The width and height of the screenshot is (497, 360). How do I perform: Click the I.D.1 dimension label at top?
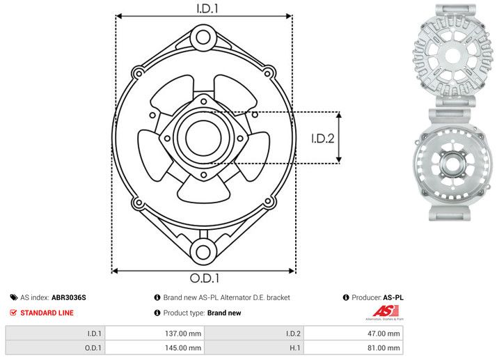point(203,8)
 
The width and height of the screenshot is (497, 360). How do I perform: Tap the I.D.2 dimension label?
point(323,138)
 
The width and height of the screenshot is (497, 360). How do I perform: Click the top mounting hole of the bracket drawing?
point(203,36)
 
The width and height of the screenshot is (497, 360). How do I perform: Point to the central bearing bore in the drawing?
point(203,138)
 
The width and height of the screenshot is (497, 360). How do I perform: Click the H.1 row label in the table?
point(292,347)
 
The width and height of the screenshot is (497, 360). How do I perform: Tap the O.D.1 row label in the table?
point(92,347)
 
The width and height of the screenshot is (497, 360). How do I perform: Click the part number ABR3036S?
point(69,297)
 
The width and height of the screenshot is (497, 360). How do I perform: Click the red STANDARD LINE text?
point(47,313)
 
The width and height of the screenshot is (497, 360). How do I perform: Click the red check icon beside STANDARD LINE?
point(13,313)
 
